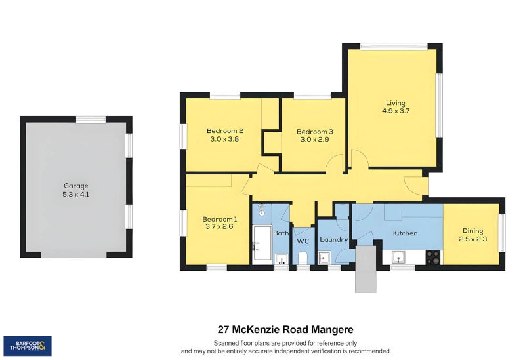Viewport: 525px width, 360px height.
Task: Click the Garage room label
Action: [x=75, y=186]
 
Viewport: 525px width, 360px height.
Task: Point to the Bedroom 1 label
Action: [x=219, y=219]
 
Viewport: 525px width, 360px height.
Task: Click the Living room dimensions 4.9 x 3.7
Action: [x=396, y=111]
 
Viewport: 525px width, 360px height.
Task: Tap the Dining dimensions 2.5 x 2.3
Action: [x=472, y=239]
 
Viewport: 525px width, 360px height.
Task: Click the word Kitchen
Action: [x=406, y=233]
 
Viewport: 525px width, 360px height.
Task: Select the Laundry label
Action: [x=333, y=239]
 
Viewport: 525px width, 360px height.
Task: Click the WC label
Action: [x=303, y=241]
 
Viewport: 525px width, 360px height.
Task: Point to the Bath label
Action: [x=281, y=233]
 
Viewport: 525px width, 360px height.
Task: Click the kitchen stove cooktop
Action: [x=433, y=257]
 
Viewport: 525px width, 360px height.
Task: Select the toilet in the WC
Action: [x=303, y=258]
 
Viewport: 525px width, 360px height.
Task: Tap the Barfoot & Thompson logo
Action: [x=28, y=346]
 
